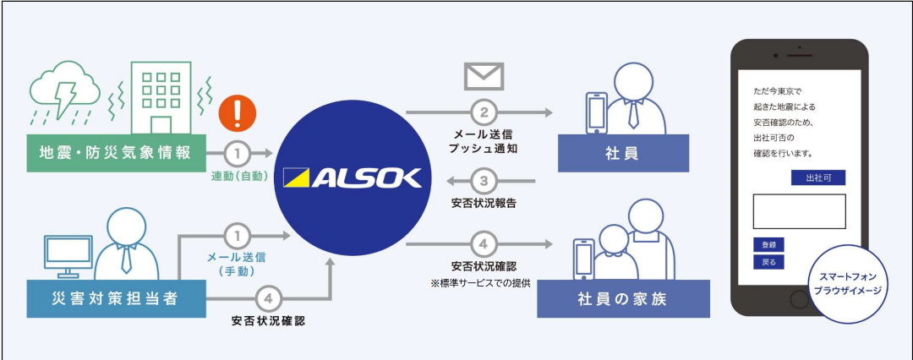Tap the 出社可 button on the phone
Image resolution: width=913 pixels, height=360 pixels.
[818, 178]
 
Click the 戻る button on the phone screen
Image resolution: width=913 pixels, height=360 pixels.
[768, 262]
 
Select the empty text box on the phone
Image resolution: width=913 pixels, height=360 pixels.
[799, 211]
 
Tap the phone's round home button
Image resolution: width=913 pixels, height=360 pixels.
[799, 300]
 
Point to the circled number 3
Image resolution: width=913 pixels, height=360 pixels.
[484, 181]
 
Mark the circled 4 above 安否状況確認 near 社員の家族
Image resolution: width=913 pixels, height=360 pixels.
[484, 245]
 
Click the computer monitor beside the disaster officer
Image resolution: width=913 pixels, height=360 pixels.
[68, 251]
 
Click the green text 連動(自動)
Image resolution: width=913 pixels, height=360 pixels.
[239, 177]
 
